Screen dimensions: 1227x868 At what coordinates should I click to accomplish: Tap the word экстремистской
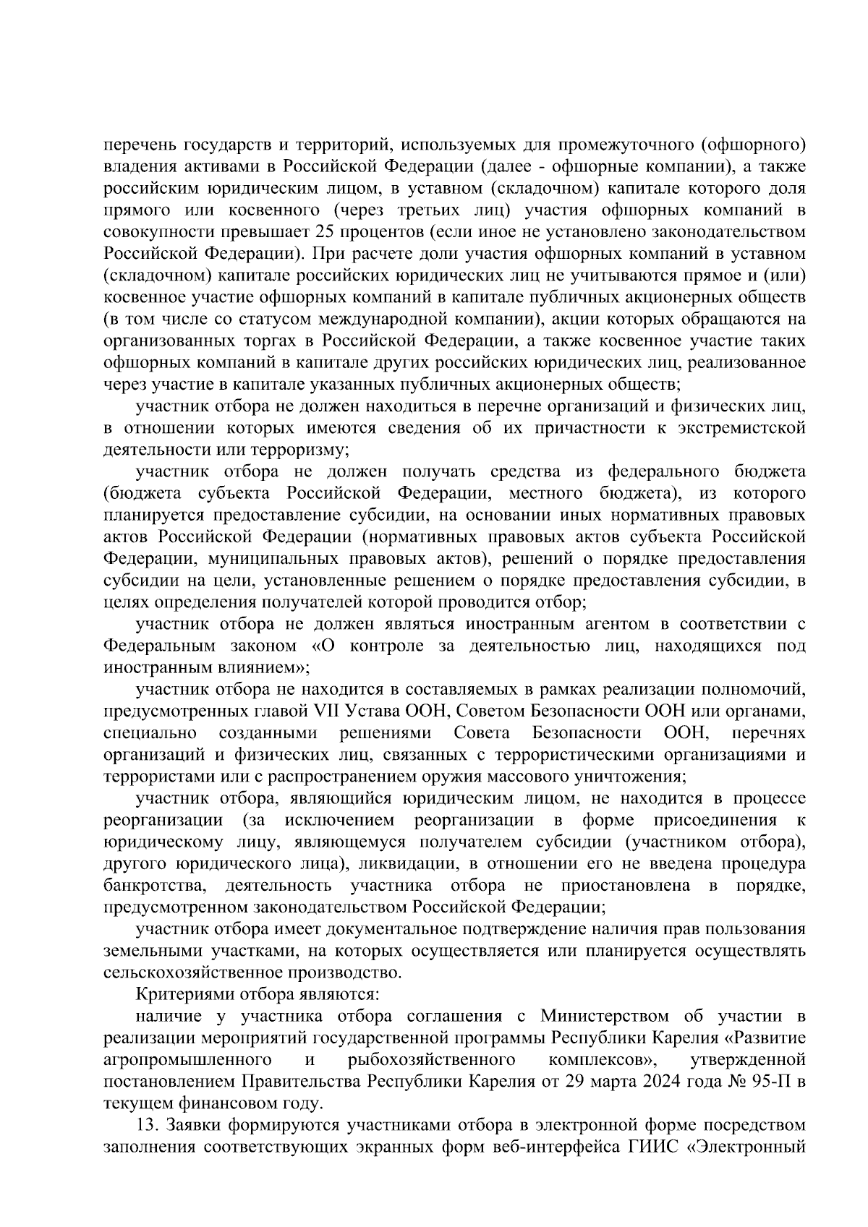[x=742, y=427]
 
